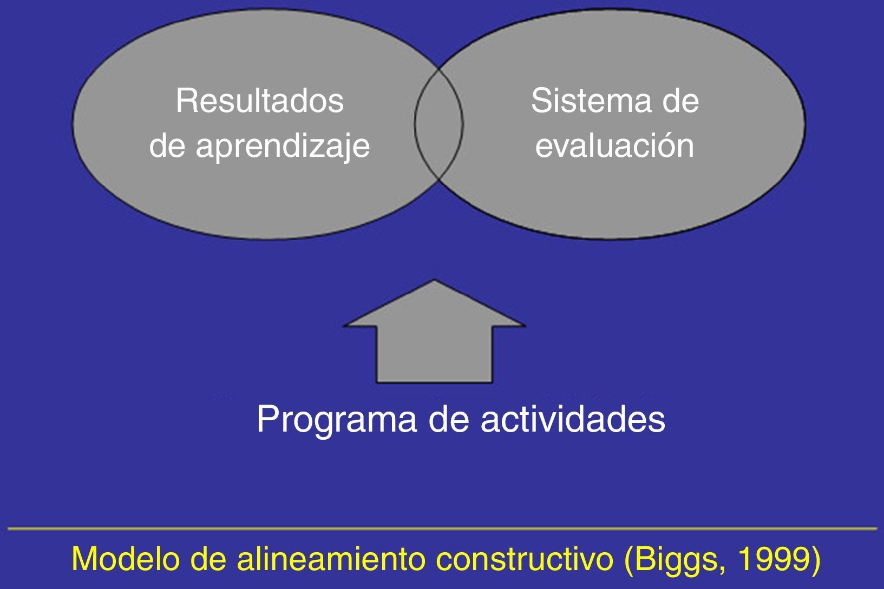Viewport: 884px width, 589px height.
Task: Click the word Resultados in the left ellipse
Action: [x=260, y=101]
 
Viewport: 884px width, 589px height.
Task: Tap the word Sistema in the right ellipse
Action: [x=591, y=101]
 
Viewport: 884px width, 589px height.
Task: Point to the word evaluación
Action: [x=614, y=146]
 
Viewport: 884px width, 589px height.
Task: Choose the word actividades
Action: [x=573, y=419]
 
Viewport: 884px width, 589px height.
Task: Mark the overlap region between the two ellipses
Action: [x=438, y=124]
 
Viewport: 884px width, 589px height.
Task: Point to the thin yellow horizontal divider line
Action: [x=442, y=528]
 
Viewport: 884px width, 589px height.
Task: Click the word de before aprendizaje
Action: [x=167, y=146]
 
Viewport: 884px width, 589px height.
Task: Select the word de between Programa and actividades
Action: [x=449, y=419]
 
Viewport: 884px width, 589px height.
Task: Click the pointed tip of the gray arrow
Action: [x=435, y=280]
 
